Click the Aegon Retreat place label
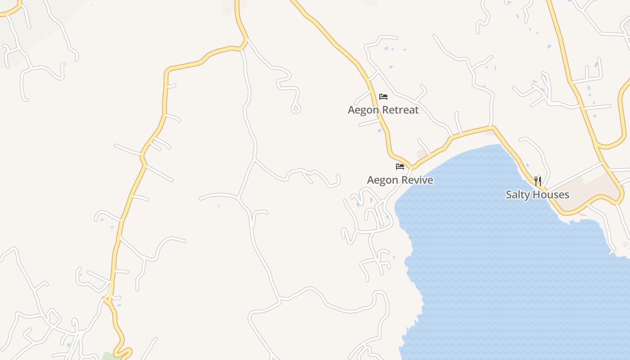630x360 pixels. coord(383,110)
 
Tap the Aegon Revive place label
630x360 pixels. coord(400,180)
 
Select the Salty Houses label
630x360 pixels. coord(537,195)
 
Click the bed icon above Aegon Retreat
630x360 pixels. coord(383,96)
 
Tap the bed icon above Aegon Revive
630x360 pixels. coord(400,166)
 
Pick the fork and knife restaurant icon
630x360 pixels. coord(538,181)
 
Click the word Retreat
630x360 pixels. coord(398,110)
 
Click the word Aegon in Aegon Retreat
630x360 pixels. coord(361,110)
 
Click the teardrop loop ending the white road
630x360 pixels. coord(296,108)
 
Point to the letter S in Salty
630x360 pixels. coord(509,195)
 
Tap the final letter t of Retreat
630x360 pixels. coord(417,110)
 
